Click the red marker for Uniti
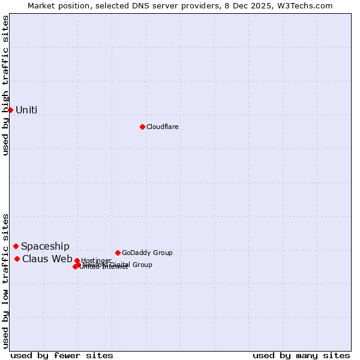tap(10, 110)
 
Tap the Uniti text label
tap(26, 110)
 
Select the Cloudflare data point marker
tap(142, 127)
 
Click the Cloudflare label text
tap(163, 127)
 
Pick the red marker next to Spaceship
tap(16, 246)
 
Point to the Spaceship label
tap(45, 247)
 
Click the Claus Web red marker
tap(17, 259)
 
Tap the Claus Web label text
tap(47, 259)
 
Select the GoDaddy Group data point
tap(118, 253)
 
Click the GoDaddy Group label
tap(147, 253)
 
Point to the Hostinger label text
tap(96, 260)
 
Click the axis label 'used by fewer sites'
tap(62, 355)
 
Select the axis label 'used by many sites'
tap(301, 355)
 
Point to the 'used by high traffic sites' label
tap(5, 85)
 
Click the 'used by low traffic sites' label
tap(5, 281)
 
